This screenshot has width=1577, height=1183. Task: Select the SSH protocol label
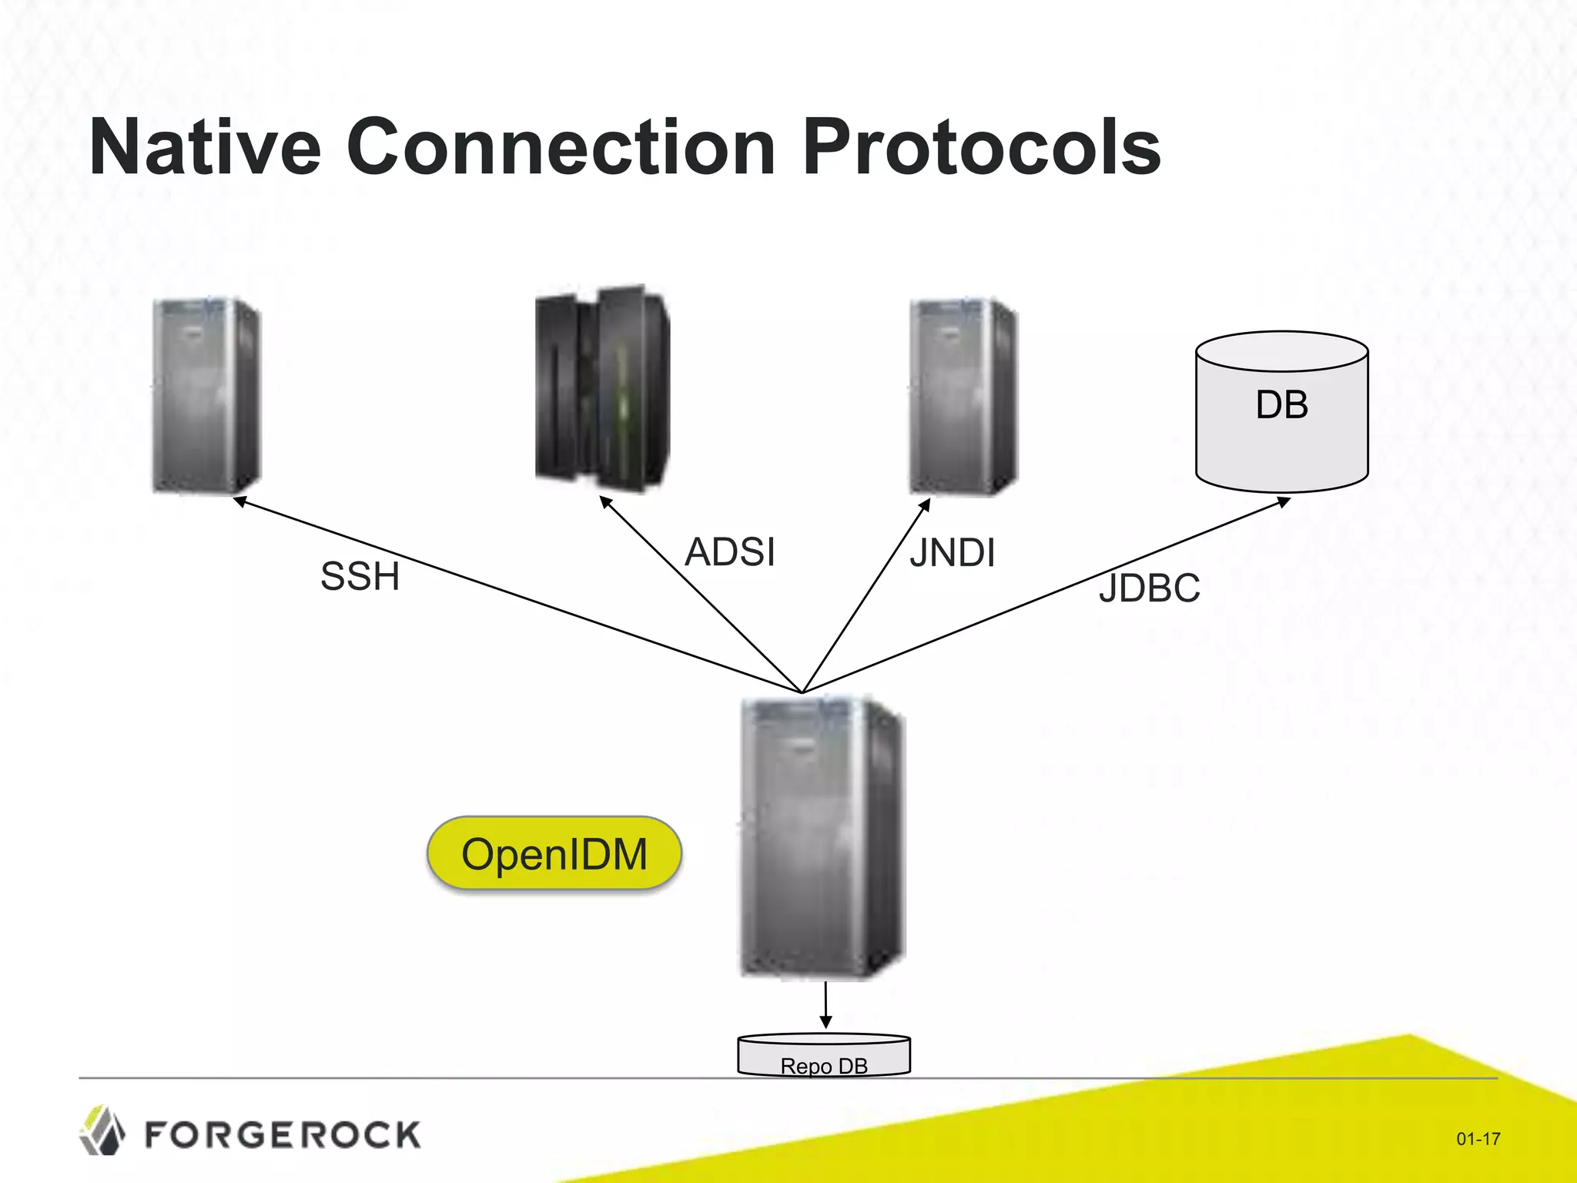click(x=360, y=576)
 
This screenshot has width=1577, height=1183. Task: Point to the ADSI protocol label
click(x=730, y=552)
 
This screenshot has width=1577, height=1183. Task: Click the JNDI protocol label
click(x=953, y=553)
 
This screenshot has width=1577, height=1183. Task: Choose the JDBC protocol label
click(x=1149, y=588)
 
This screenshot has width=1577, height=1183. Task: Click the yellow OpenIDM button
click(x=554, y=854)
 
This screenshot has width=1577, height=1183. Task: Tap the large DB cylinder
click(x=1281, y=412)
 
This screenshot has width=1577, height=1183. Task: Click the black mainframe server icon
click(x=602, y=389)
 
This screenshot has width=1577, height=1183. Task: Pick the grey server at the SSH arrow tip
click(x=206, y=395)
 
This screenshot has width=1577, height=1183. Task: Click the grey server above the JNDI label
click(x=963, y=396)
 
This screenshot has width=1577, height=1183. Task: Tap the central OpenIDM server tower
click(x=822, y=837)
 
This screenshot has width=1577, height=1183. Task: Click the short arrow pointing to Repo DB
click(x=825, y=1004)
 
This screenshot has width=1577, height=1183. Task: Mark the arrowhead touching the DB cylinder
click(x=1284, y=502)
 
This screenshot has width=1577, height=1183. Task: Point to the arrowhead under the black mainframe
click(x=605, y=502)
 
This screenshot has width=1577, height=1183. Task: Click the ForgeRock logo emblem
click(x=102, y=1131)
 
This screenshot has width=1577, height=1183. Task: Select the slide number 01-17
click(x=1478, y=1138)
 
